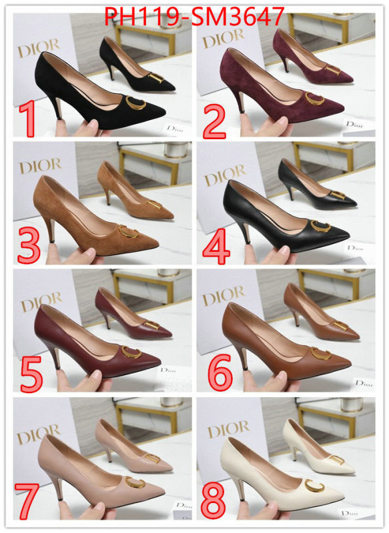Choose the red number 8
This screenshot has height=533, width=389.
pyautogui.click(x=215, y=500)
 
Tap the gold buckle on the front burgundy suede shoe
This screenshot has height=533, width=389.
pyautogui.click(x=314, y=100)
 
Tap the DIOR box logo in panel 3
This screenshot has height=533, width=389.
pyautogui.click(x=40, y=166)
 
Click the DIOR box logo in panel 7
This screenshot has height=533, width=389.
pyautogui.click(x=39, y=436)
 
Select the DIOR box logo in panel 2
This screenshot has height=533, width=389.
pyautogui.click(x=224, y=40)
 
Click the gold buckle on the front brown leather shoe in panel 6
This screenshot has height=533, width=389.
pyautogui.click(x=320, y=353)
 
